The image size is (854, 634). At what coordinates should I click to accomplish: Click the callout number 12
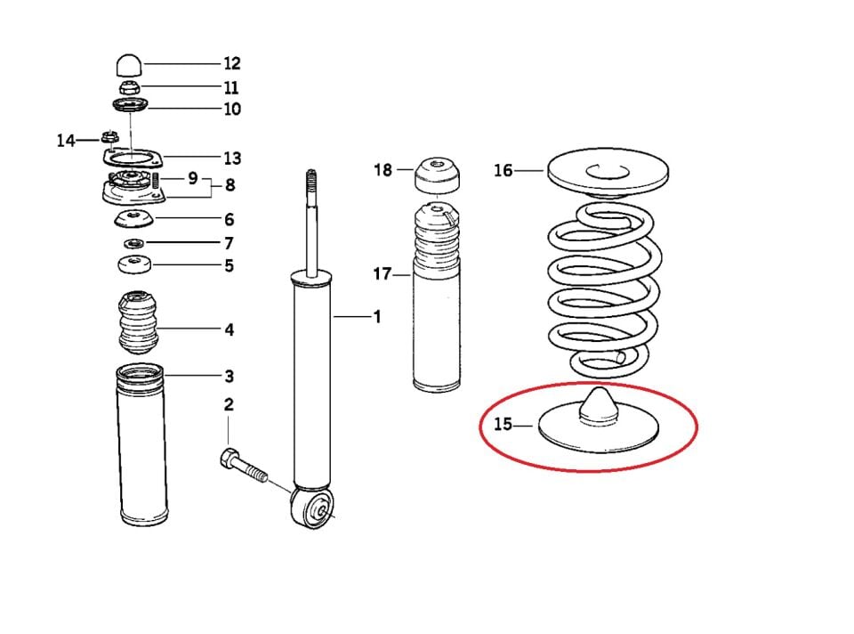231,64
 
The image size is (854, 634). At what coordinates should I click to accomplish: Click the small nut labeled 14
110,137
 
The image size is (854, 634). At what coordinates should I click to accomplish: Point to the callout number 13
231,158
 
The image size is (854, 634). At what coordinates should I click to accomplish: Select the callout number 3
229,376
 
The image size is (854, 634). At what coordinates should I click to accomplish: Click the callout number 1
376,316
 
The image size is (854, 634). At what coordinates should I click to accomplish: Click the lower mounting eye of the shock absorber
316,510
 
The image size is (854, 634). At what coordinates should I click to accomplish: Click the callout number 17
383,274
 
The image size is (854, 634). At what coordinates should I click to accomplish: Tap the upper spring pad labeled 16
608,173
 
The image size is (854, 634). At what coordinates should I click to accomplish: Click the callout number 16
504,170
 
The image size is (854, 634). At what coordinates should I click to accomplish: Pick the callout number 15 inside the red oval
504,424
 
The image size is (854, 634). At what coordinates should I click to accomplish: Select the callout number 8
230,186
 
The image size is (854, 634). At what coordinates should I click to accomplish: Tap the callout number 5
229,265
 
